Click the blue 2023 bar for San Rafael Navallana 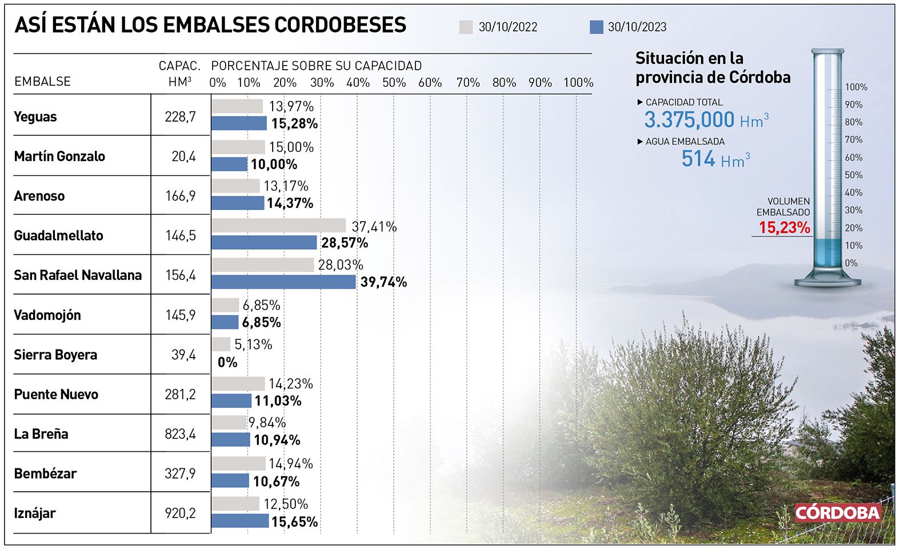(283, 282)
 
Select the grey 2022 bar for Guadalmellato (278, 226)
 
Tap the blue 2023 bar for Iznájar (240, 521)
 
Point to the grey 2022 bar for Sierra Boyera (221, 344)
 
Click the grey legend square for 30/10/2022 (466, 27)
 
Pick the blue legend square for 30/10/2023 (596, 27)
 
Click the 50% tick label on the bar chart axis (394, 83)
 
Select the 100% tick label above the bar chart (578, 83)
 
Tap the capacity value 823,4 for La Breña (180, 434)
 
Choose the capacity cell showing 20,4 (183, 156)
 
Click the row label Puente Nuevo (56, 395)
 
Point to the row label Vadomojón (47, 315)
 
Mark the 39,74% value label (383, 282)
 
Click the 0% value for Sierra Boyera (227, 362)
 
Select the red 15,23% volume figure (784, 228)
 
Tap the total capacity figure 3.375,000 (689, 120)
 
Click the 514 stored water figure (698, 159)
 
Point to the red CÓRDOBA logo (837, 512)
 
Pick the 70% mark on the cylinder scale (853, 140)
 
